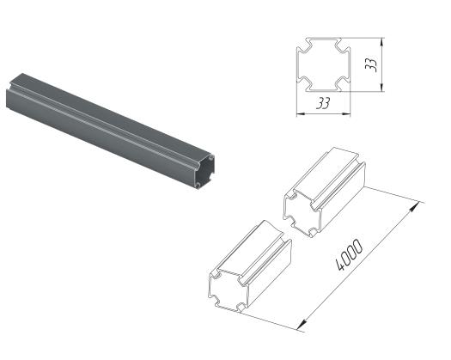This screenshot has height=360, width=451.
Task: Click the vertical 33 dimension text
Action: point(371,64)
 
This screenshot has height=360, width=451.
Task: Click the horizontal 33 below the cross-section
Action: point(323,103)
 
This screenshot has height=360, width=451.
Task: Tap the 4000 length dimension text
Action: point(350,255)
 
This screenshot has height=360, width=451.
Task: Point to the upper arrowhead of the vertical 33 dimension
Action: point(381,43)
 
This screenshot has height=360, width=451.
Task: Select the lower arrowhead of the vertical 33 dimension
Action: point(381,87)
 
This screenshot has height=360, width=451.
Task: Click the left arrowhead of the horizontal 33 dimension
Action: point(301,114)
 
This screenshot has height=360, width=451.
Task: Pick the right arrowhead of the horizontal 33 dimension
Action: point(346,114)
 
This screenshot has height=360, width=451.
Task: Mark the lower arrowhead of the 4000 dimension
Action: point(302,325)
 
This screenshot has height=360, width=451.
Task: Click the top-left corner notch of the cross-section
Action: point(304,46)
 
